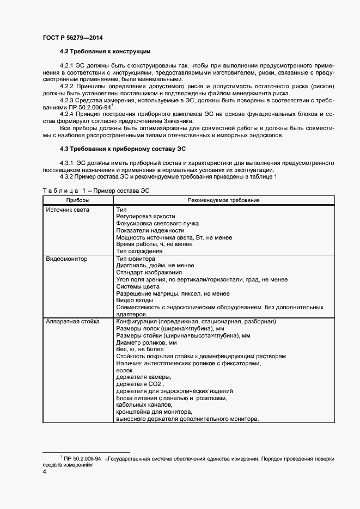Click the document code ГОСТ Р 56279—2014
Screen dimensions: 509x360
(72, 38)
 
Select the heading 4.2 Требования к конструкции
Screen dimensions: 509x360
(105, 52)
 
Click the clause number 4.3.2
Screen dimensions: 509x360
(66, 176)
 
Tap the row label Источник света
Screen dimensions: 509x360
(68, 210)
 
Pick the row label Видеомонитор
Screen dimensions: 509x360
(67, 259)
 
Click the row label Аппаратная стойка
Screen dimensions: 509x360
(73, 322)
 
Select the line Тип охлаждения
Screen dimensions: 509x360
(139, 252)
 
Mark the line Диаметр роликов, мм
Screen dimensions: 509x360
(147, 343)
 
